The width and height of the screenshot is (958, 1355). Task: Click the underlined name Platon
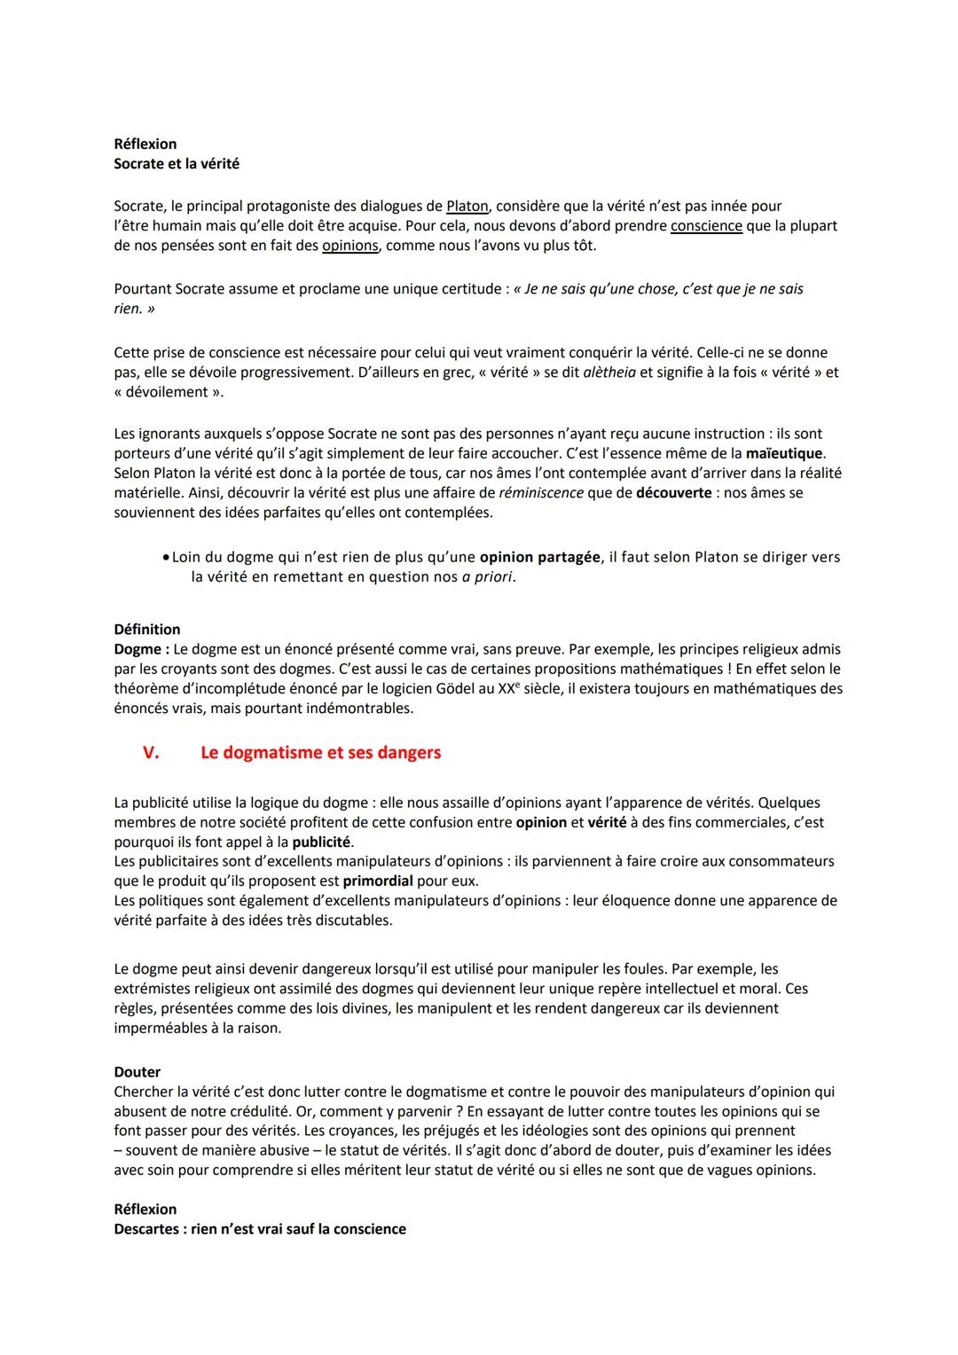(x=467, y=207)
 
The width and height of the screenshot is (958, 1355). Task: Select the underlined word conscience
(x=706, y=226)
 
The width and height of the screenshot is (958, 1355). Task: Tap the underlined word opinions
(x=349, y=246)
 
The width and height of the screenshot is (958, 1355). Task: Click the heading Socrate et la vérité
(x=177, y=164)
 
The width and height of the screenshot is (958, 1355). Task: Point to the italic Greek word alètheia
(x=609, y=372)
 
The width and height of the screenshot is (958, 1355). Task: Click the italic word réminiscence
(x=541, y=493)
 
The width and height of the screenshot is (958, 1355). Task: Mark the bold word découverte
(x=673, y=493)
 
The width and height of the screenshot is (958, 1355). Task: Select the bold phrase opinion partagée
(x=539, y=558)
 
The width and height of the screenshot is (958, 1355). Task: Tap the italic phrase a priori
(x=487, y=577)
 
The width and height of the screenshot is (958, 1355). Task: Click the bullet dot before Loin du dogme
(x=165, y=558)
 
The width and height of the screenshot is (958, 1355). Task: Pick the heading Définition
(x=147, y=630)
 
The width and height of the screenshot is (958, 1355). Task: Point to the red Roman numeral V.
(x=151, y=753)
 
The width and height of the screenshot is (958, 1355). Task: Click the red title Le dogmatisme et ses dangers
(x=320, y=753)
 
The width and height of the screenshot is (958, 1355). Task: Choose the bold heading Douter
(x=137, y=1072)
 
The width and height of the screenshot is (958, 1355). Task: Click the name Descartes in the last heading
(x=146, y=1229)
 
